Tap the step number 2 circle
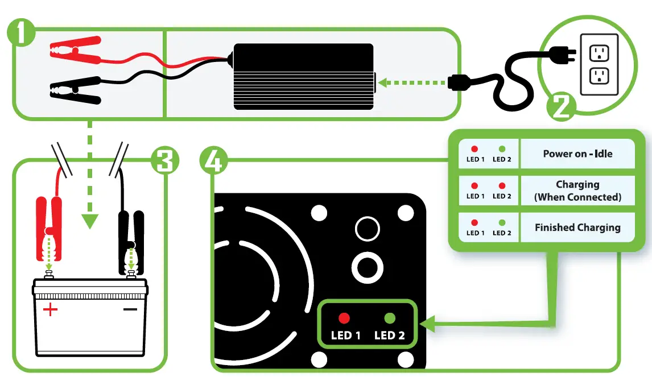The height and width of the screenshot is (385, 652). coord(560,107)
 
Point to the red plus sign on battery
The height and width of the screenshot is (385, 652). coord(51,310)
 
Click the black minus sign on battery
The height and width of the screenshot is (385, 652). coord(130,309)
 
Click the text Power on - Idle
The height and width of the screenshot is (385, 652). coord(577,154)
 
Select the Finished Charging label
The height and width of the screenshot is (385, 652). coord(577,227)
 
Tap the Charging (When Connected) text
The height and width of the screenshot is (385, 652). coord(577,191)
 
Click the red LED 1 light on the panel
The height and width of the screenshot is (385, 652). coord(344,318)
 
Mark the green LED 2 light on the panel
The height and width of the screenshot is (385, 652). coord(390,318)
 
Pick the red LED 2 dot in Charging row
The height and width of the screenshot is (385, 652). coord(502,186)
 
